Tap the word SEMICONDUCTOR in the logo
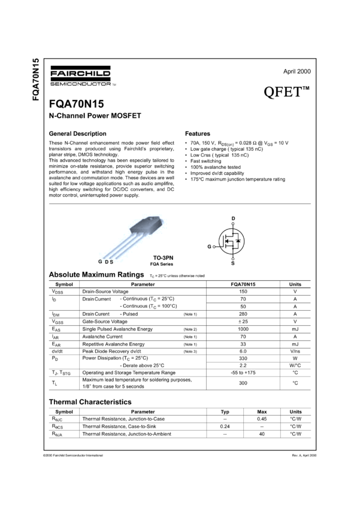80,83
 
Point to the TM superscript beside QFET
306,89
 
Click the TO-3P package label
161,257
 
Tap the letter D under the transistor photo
105,262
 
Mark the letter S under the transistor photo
111,262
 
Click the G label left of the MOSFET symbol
208,246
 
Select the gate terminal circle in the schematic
214,246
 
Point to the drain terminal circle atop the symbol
233,223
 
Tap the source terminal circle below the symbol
233,258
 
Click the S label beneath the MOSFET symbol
232,262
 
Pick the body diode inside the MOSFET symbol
238,241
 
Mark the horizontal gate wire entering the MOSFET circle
219,246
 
